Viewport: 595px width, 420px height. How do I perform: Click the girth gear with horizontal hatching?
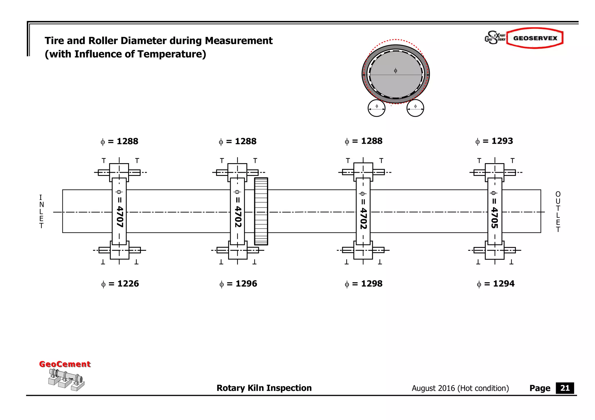coord(261,212)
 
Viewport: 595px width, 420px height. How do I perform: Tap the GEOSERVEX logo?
coord(535,38)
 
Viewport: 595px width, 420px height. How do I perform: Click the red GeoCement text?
coord(65,364)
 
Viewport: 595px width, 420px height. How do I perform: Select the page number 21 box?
coord(564,388)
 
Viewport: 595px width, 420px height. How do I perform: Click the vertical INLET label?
coord(41,212)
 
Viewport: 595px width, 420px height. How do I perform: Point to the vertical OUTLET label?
coord(558,212)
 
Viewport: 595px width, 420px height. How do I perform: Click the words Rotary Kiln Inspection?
coord(264,388)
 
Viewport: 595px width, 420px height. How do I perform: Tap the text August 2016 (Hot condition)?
coord(460,388)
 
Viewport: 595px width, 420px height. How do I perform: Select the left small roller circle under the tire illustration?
coord(377,108)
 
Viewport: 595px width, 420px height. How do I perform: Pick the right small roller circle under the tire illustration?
coord(415,108)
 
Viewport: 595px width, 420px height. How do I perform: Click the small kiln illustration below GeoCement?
coord(66,380)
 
